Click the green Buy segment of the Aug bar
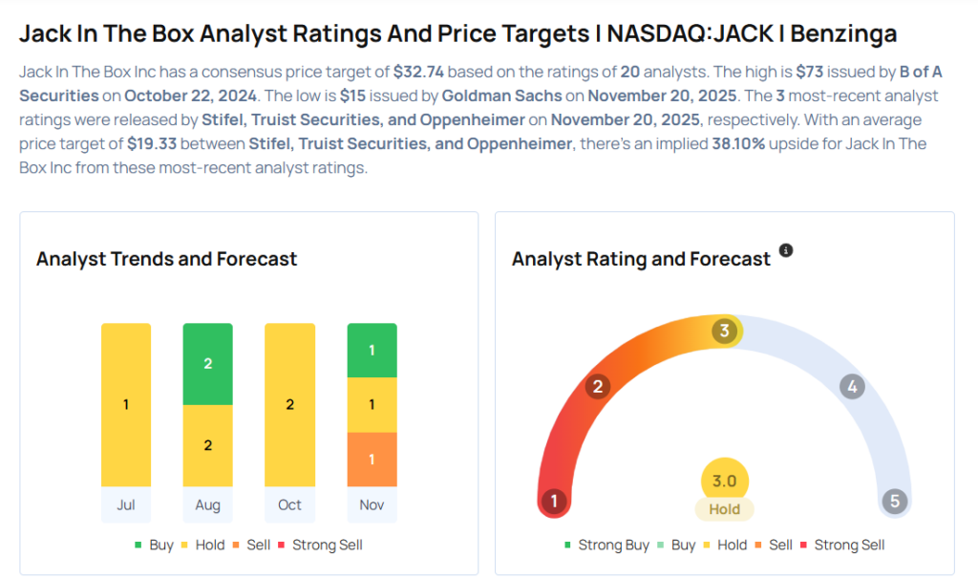click(x=207, y=364)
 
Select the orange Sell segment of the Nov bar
click(x=372, y=460)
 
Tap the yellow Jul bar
click(x=126, y=404)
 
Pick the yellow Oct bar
click(x=289, y=404)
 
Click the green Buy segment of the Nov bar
click(x=372, y=350)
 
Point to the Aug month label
click(x=207, y=504)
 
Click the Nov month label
click(x=372, y=504)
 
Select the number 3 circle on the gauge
click(x=725, y=331)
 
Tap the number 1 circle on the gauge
click(x=553, y=501)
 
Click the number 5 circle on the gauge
click(x=894, y=501)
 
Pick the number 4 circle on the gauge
click(x=851, y=387)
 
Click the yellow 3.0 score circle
click(x=724, y=481)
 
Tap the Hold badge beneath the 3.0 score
click(x=724, y=509)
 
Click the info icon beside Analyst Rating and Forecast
click(x=786, y=250)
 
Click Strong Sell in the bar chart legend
click(x=327, y=545)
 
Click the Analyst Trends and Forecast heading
click(x=166, y=259)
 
